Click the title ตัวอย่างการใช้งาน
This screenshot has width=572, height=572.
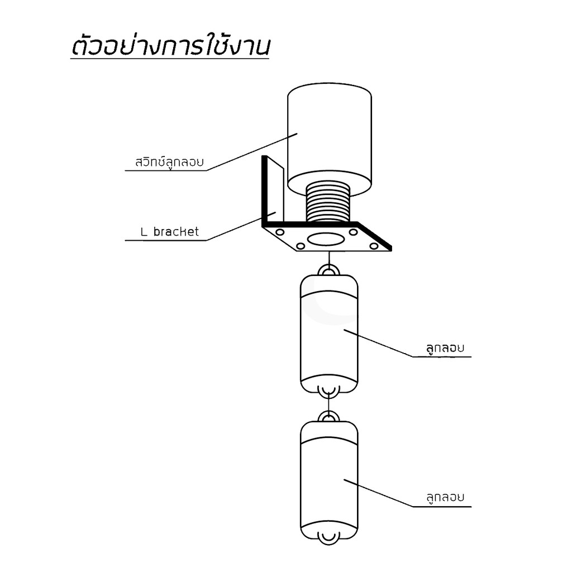click(170, 45)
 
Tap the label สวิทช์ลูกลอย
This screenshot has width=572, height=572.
click(169, 161)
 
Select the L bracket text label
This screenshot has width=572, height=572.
click(170, 232)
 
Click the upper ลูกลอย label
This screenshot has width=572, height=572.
click(445, 347)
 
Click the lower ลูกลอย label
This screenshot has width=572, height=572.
click(445, 497)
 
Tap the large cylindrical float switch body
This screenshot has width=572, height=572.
click(330, 139)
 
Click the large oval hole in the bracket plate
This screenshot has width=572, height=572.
click(326, 240)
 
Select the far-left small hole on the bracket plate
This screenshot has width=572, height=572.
click(280, 232)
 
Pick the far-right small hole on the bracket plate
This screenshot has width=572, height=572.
click(374, 246)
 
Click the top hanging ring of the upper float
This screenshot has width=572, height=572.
click(328, 270)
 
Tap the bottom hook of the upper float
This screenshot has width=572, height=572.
click(328, 392)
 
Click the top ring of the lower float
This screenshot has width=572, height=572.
click(328, 416)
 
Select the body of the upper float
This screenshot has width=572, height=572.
click(329, 334)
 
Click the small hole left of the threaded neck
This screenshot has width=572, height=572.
click(300, 246)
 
